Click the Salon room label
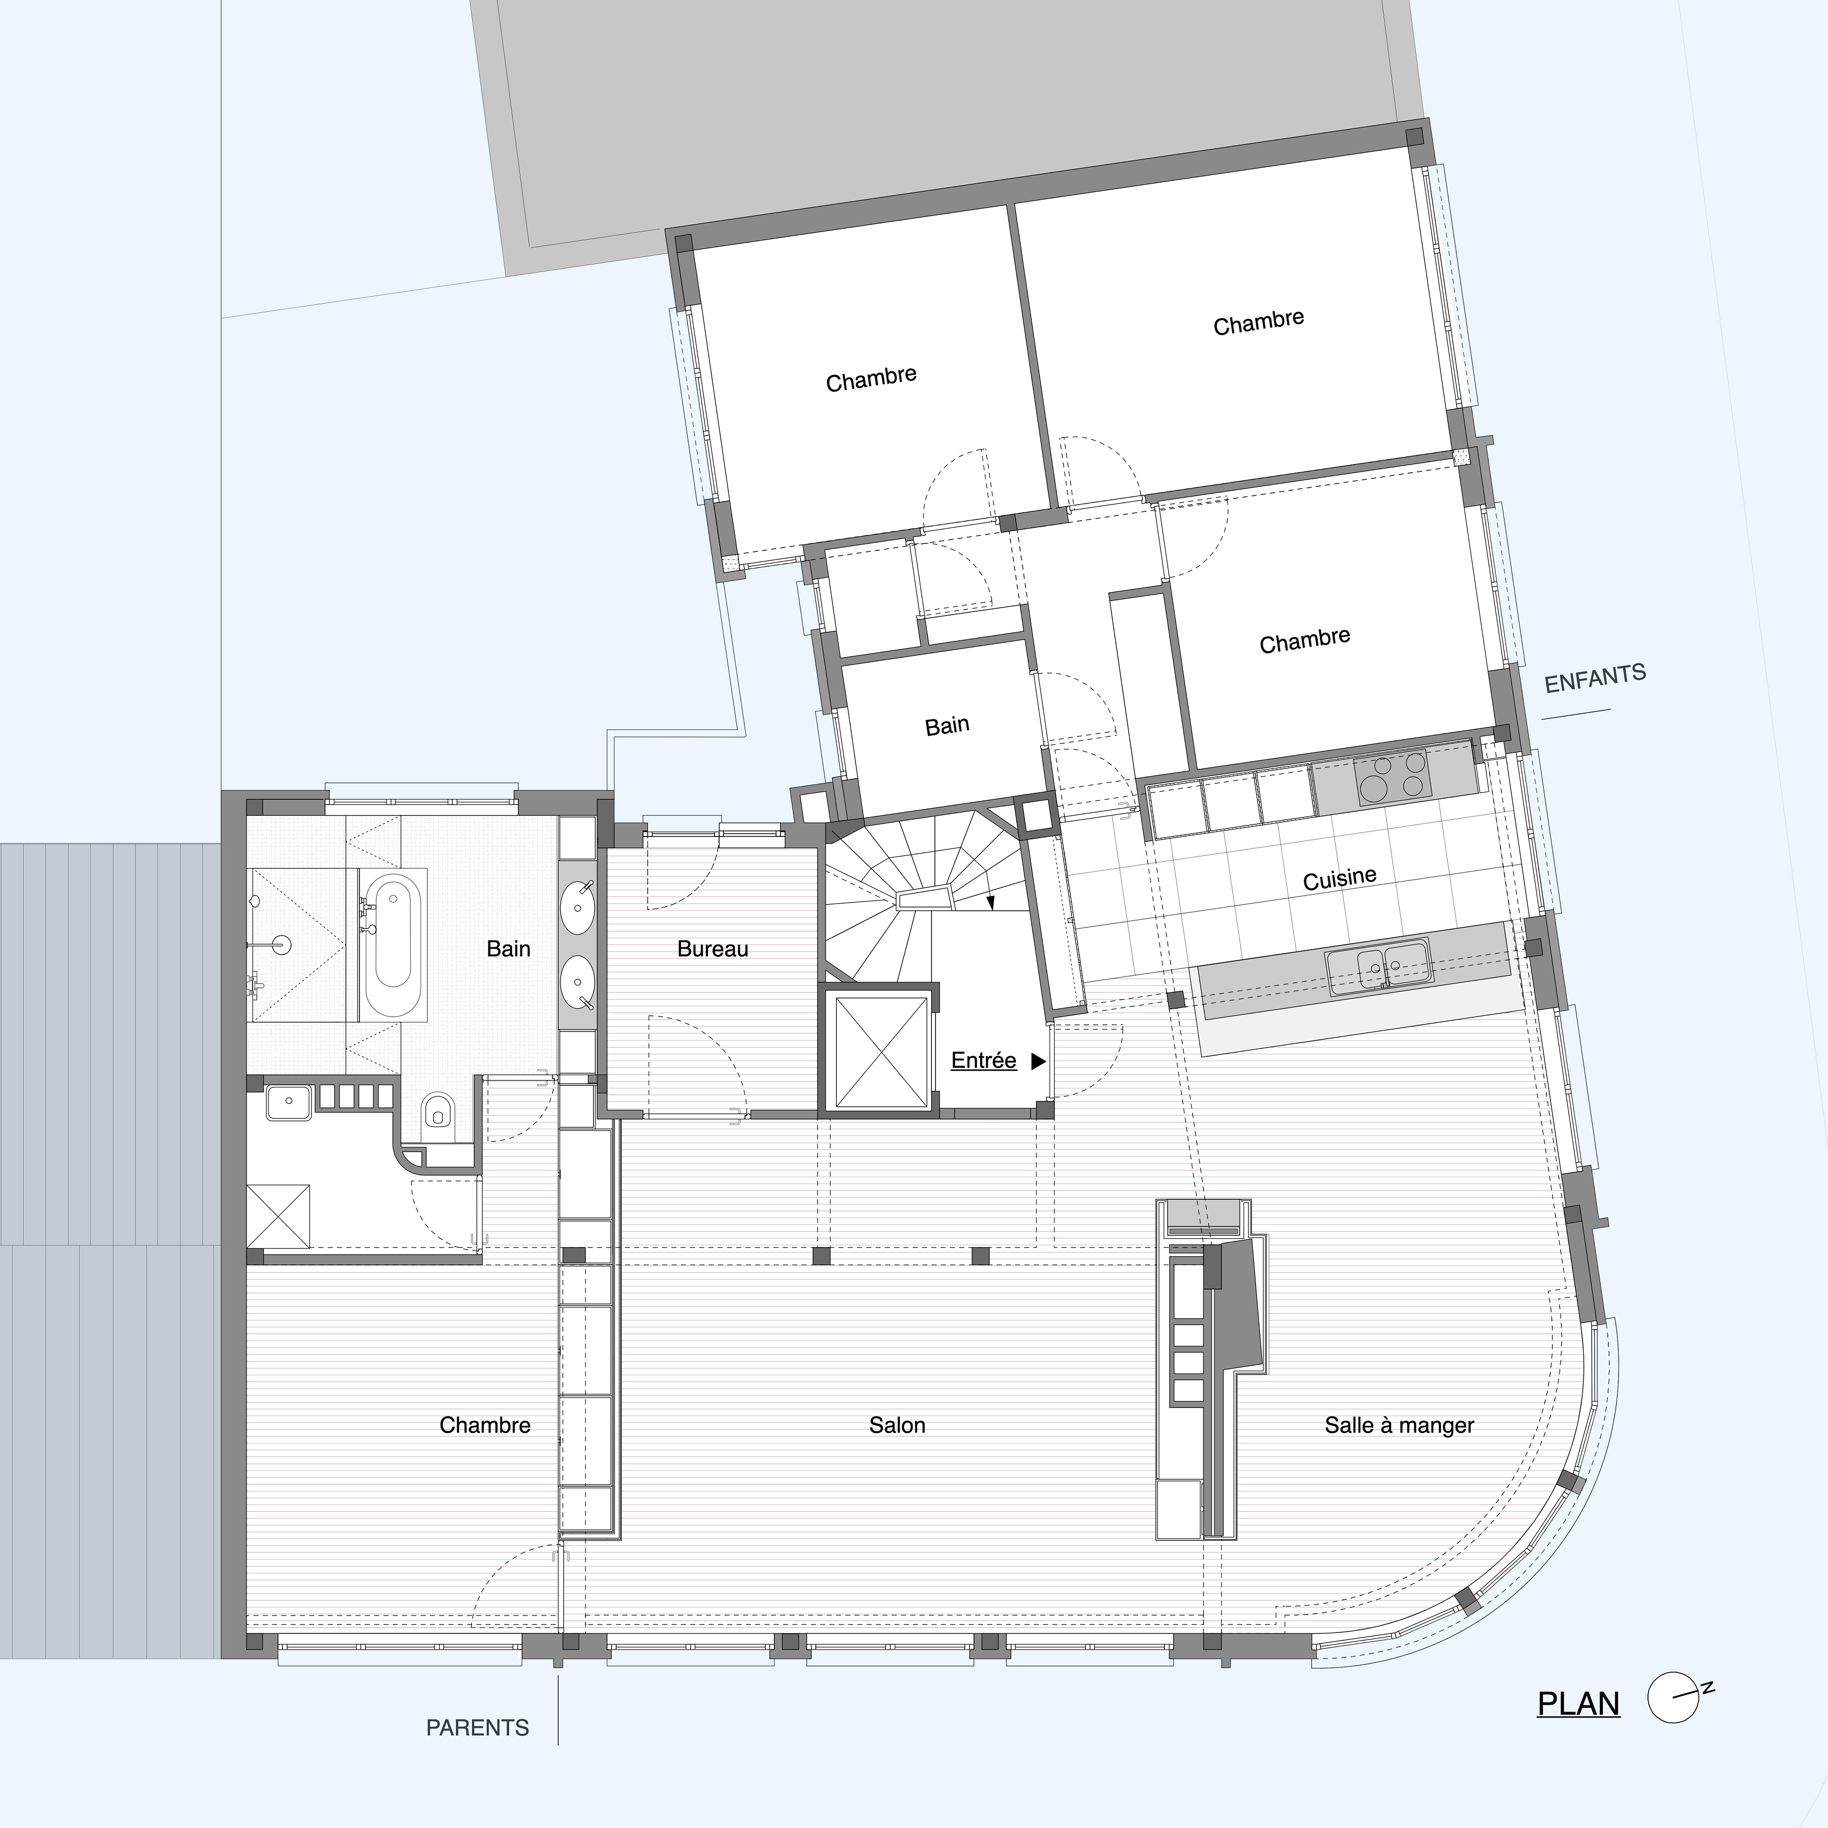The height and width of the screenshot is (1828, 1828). (897, 1425)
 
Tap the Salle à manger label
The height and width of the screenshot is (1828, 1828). (1399, 1425)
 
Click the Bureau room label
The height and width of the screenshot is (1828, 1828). (713, 949)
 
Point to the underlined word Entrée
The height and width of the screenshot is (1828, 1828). (983, 1061)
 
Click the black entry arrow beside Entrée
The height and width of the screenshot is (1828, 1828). (1038, 1062)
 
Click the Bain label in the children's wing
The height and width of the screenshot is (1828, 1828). (947, 725)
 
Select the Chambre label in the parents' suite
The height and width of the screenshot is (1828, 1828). (485, 1425)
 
